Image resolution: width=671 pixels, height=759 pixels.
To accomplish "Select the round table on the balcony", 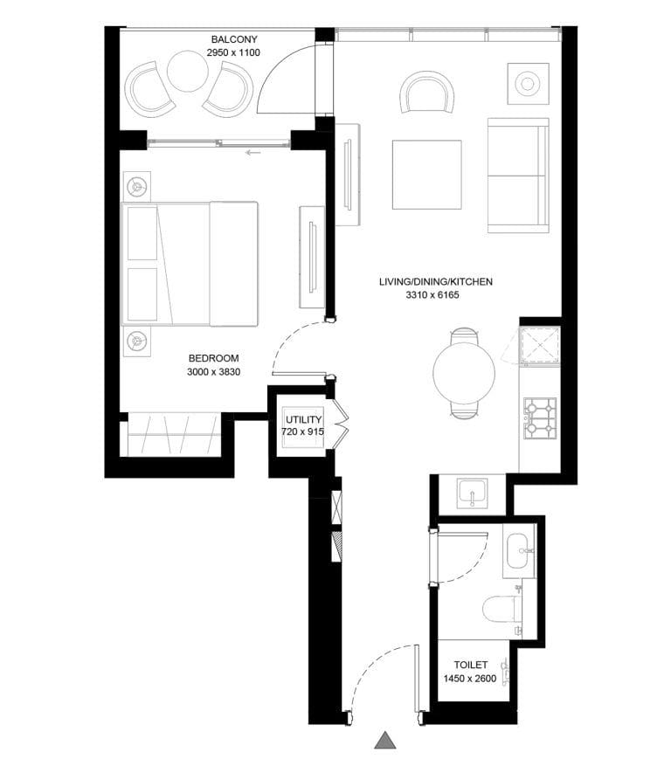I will pos(188,72).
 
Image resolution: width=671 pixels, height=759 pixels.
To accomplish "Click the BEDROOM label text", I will pos(213,358).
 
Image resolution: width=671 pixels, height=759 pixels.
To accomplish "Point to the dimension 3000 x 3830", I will pos(213,372).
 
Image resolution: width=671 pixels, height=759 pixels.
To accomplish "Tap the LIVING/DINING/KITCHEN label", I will pos(436,282).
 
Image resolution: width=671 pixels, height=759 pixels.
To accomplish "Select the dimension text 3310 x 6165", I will pos(432,296).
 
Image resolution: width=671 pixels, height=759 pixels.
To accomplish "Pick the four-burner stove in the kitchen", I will pos(539,418).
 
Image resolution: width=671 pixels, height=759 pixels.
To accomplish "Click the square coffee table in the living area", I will pos(426,175).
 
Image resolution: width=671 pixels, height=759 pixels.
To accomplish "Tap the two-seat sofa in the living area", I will pos(518,175).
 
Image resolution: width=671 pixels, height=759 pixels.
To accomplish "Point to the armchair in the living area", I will pos(427,93).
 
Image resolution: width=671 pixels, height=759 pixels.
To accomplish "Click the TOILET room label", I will pos(470,666).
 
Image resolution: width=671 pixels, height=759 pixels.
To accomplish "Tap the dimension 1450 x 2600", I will pos(470,680).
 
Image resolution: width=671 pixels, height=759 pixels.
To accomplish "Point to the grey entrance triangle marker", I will pos(384,740).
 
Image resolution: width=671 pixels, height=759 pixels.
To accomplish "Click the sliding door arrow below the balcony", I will pos(253,153).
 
